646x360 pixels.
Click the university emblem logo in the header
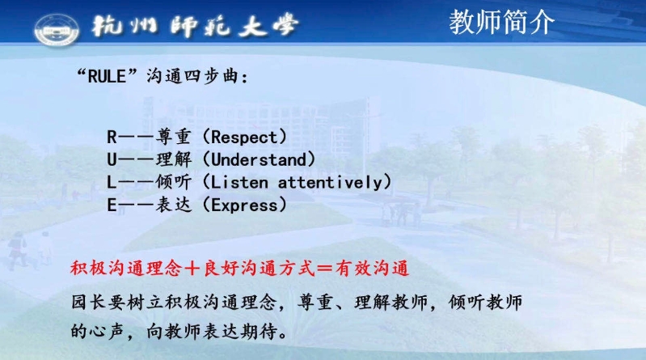57,29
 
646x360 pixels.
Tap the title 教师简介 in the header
501,23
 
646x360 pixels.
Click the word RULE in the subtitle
107,76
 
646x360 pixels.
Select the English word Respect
245,138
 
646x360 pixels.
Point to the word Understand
260,159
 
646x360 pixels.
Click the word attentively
331,182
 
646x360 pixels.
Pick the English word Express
245,205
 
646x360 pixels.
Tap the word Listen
239,182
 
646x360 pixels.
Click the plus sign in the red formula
192,269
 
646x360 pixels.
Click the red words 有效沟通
372,269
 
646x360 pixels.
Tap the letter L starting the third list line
112,182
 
